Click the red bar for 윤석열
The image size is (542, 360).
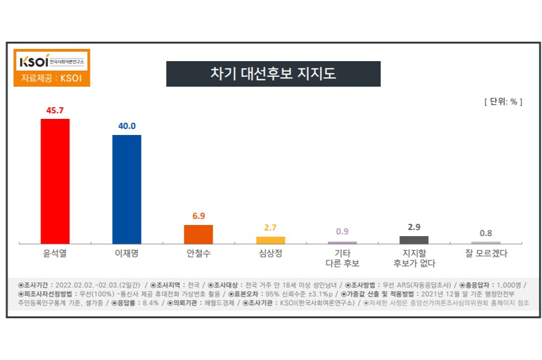click(55, 181)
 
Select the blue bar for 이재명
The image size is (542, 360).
click(127, 189)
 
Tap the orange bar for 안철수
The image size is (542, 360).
click(198, 234)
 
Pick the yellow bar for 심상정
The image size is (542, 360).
click(270, 240)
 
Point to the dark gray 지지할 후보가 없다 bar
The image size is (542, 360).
click(414, 239)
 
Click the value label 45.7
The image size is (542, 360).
click(55, 110)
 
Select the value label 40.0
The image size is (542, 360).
click(127, 126)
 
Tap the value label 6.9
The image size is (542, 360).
click(198, 216)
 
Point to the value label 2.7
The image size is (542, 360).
click(270, 227)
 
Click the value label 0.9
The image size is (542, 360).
click(342, 232)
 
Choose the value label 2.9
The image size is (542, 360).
click(414, 227)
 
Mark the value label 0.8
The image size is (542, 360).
click(486, 233)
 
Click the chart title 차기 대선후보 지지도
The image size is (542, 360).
click(273, 74)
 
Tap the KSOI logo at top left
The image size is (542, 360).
click(51, 60)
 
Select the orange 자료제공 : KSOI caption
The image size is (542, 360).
click(51, 78)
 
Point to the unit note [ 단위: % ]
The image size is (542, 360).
click(503, 102)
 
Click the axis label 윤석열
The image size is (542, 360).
click(55, 254)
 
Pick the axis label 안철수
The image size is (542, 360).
click(198, 254)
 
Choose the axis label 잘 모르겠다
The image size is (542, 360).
click(486, 254)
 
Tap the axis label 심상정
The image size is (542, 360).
click(270, 254)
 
